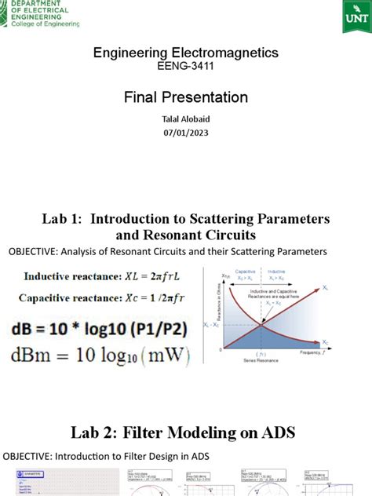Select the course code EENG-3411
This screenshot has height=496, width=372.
click(x=185, y=67)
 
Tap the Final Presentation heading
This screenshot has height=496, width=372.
click(x=186, y=97)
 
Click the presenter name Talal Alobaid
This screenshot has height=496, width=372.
click(x=186, y=119)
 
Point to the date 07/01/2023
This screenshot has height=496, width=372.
click(x=186, y=133)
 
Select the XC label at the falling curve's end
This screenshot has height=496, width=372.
click(x=348, y=342)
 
